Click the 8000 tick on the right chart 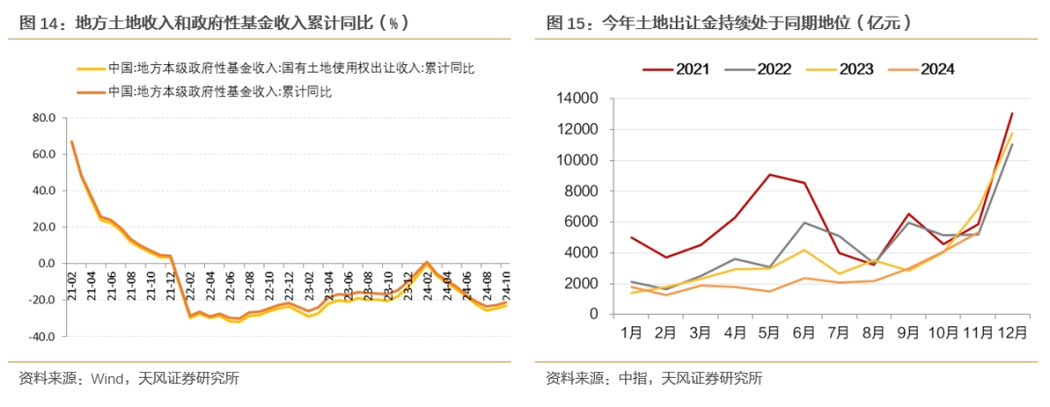tap(580, 191)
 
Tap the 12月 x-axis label tap(1010, 332)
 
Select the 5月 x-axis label tap(768, 332)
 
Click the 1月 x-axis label tap(630, 332)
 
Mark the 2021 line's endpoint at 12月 tap(1011, 114)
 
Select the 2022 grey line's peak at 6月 tap(803, 222)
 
